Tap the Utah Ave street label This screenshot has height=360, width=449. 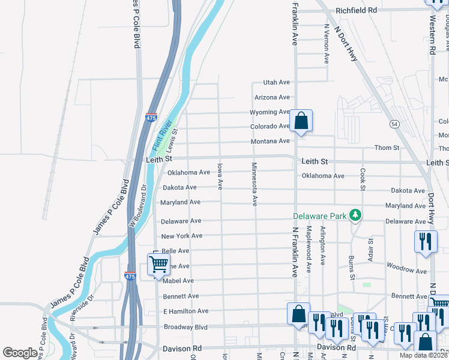(x=276, y=82)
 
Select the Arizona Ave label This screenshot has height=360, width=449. (x=272, y=97)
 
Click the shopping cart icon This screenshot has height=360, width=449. (x=158, y=263)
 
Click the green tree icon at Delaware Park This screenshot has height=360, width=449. (x=355, y=215)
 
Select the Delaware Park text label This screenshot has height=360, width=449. (x=319, y=216)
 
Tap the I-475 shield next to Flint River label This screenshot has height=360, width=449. (x=151, y=119)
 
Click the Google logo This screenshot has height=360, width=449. (x=20, y=353)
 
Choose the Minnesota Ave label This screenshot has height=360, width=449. (x=255, y=184)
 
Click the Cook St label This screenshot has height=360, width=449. (x=363, y=179)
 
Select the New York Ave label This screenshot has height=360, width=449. (x=181, y=236)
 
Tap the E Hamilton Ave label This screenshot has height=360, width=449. (x=185, y=311)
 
